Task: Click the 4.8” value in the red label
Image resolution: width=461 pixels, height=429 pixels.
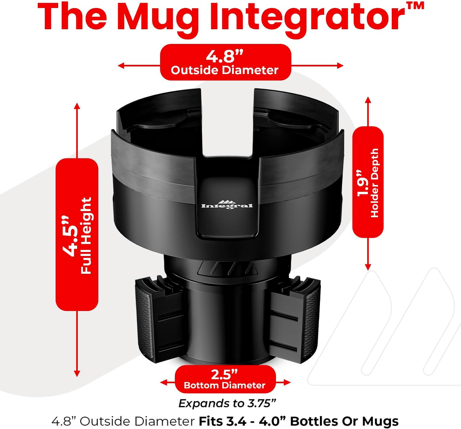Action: [x=225, y=56]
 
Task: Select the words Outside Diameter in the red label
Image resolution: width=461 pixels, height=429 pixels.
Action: [x=225, y=70]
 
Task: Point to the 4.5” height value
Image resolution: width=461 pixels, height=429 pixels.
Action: [x=70, y=236]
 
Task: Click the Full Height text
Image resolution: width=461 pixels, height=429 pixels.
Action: [x=86, y=235]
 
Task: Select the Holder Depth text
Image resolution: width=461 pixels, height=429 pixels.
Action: [x=374, y=183]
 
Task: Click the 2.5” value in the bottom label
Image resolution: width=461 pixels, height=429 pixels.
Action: [x=225, y=374]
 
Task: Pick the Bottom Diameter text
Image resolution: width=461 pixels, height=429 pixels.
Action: [x=225, y=385]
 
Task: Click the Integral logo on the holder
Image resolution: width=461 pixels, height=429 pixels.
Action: [x=227, y=205]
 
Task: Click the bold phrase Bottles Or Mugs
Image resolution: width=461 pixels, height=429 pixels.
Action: [x=344, y=421]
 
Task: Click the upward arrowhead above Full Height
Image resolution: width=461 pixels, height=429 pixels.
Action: [x=77, y=106]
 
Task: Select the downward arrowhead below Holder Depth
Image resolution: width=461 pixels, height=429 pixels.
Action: [x=368, y=267]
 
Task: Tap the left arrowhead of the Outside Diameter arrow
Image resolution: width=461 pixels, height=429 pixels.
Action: [x=121, y=65]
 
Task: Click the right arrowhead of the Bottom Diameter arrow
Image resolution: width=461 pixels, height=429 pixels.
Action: [x=287, y=382]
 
